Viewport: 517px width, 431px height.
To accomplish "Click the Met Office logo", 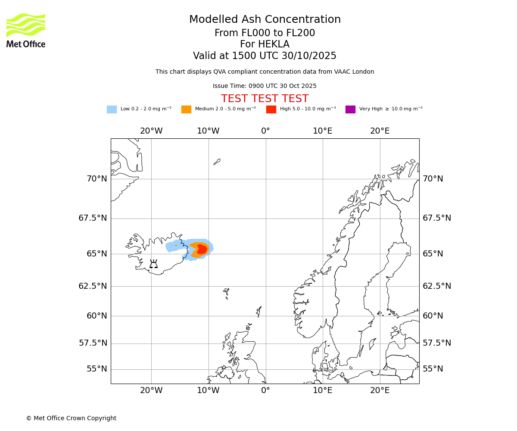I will (x=26, y=30).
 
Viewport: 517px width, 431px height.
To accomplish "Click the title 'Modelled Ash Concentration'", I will (x=265, y=19).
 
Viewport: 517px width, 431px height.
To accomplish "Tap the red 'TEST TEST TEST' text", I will (x=265, y=99).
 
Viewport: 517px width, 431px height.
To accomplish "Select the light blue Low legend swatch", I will (x=112, y=109).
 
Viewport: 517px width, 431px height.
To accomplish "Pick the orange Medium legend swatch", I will (x=186, y=109).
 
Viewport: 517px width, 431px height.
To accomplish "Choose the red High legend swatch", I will (x=271, y=109).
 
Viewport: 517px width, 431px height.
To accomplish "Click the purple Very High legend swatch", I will (x=350, y=109).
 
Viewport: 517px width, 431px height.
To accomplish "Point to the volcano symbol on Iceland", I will (x=153, y=264).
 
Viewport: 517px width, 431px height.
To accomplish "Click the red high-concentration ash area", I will (x=202, y=249).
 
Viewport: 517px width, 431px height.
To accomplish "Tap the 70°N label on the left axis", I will (x=97, y=178).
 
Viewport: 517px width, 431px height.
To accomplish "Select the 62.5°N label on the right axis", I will (x=436, y=286).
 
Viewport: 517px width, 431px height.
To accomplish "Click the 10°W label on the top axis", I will (x=208, y=131).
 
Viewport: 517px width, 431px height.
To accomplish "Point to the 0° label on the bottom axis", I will (x=265, y=390).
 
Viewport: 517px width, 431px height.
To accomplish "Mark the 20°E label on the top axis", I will (x=380, y=131).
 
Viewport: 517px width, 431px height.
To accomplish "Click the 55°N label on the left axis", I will (x=97, y=369).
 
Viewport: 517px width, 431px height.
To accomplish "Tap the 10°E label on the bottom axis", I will (x=322, y=390).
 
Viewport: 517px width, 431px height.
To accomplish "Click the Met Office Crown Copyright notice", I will (x=71, y=418).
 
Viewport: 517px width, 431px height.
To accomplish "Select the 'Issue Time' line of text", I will (x=265, y=86).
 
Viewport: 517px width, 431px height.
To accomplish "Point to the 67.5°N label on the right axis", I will (x=436, y=218).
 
